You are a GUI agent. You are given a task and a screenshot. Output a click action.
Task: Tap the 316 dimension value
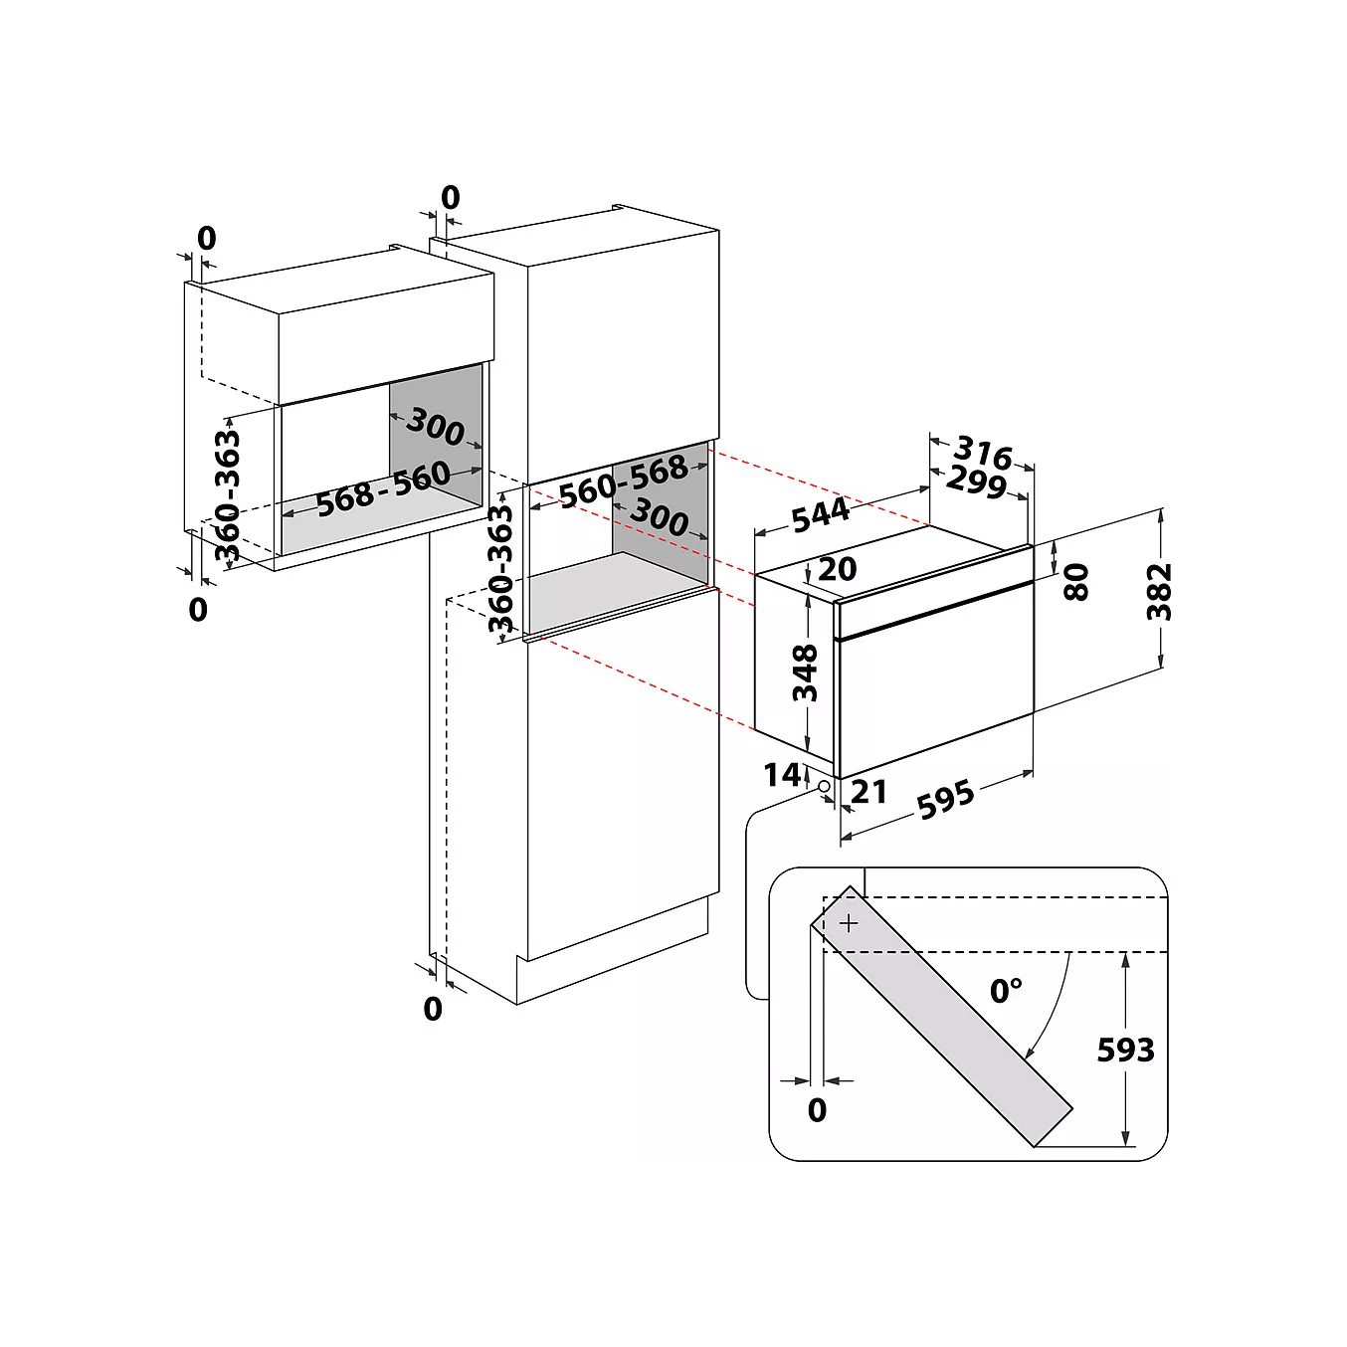tap(983, 453)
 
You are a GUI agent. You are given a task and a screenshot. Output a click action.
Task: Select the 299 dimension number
tap(977, 481)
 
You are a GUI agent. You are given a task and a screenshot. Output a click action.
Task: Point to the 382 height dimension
tap(1158, 591)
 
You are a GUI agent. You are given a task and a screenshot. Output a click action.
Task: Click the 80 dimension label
tap(1076, 582)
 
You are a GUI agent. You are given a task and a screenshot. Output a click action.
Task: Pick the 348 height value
tap(805, 673)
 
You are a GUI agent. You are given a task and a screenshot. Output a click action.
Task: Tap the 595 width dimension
tap(945, 800)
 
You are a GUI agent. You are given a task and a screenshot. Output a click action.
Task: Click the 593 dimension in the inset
tap(1125, 1050)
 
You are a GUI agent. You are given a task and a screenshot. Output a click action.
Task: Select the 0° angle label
tap(1006, 991)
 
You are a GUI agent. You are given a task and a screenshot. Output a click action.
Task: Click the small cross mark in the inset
tap(849, 924)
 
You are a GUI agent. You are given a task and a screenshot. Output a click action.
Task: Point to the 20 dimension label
tap(837, 570)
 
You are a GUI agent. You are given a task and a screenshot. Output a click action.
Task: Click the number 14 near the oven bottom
tap(782, 775)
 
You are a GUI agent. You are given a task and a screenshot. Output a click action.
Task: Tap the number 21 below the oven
tap(868, 792)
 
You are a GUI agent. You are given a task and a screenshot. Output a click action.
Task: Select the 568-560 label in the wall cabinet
tap(383, 488)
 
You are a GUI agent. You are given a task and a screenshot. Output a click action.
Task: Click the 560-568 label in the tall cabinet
tap(623, 481)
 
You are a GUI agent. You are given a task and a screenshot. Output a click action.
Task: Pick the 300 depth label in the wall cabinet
tap(435, 427)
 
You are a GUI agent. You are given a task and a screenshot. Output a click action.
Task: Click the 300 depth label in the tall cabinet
tap(659, 517)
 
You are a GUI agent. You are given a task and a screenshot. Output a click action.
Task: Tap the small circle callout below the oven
tap(824, 786)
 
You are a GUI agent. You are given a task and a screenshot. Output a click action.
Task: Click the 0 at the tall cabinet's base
tap(433, 1009)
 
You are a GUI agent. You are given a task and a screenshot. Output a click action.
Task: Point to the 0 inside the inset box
tap(817, 1109)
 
